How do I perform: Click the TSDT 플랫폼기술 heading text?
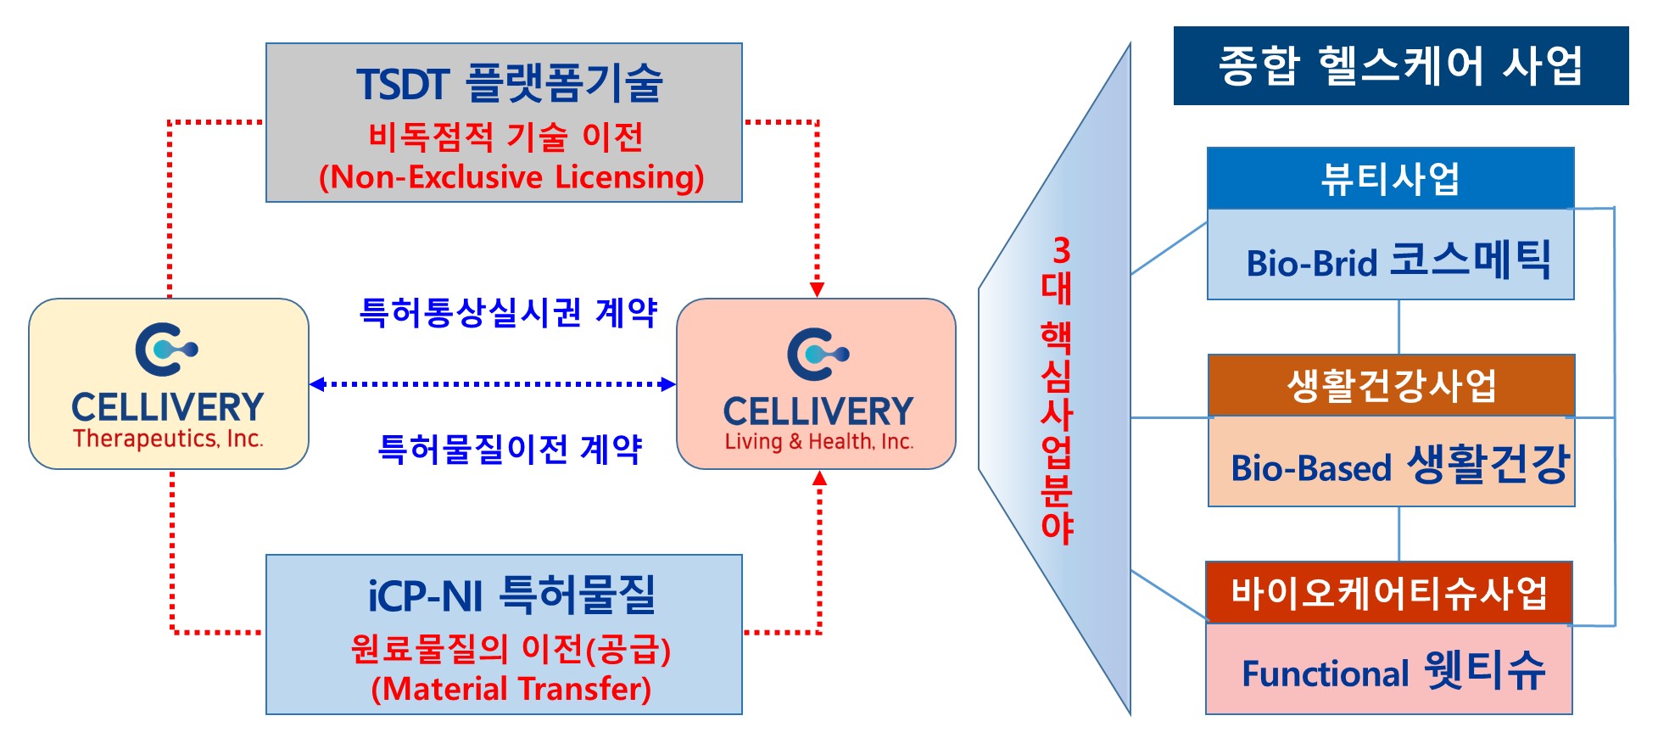point(509,84)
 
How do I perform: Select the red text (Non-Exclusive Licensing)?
point(511,177)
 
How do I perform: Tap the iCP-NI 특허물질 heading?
point(511,595)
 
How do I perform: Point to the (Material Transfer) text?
point(511,689)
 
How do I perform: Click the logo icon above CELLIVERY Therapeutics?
point(166,349)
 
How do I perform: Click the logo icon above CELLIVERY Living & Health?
point(818,354)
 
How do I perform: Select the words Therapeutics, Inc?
point(168,439)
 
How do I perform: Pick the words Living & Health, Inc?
point(818,442)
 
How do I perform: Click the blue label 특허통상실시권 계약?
point(508,312)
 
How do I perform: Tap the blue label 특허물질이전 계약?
point(510,449)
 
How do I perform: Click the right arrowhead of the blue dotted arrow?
point(668,384)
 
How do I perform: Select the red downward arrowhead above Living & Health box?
point(818,289)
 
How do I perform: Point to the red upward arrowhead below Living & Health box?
point(819,478)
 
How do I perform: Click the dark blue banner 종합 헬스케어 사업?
point(1400,65)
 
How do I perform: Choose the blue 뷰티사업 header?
point(1390,178)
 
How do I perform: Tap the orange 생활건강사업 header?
point(1391,385)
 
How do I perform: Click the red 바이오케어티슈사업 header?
point(1388,592)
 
